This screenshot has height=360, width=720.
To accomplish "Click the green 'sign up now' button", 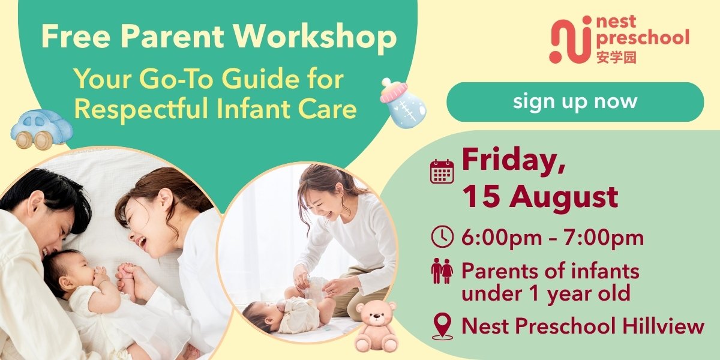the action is [x=575, y=102].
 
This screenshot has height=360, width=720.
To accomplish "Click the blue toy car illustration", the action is [x=42, y=129].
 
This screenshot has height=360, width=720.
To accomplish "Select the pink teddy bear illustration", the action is [x=376, y=327].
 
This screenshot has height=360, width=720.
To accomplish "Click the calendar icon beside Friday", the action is [x=442, y=172].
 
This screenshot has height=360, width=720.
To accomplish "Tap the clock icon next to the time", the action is [x=442, y=236].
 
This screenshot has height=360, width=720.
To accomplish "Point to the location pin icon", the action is [x=442, y=326].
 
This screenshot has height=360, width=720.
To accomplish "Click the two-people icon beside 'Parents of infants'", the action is [x=442, y=271].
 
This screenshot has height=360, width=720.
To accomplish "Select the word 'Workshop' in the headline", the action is [x=315, y=37].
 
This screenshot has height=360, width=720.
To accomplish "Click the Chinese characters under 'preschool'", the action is [x=616, y=58].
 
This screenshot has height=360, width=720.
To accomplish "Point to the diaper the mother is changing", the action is [x=311, y=287].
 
